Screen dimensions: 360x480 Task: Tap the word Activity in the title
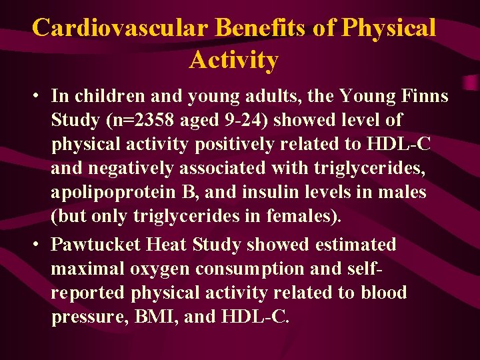233,60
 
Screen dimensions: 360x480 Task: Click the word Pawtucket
96,245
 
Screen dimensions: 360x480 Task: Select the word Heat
167,245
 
